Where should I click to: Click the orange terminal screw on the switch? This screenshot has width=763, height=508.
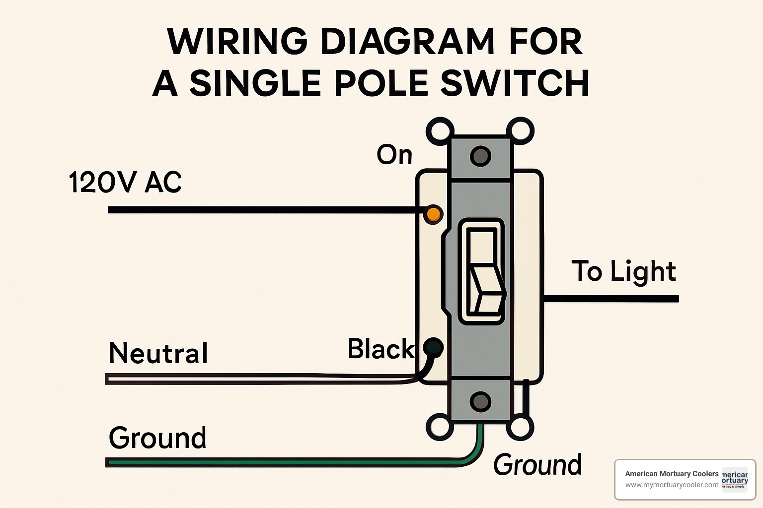[x=433, y=214]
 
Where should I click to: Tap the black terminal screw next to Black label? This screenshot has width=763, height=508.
[x=433, y=347]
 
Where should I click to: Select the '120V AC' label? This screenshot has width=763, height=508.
[x=125, y=183]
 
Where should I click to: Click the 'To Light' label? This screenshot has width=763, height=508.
[x=623, y=271]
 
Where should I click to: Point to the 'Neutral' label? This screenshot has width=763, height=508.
[x=158, y=353]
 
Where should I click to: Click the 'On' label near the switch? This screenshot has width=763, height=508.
[x=394, y=155]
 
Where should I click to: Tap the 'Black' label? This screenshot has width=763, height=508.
[x=380, y=349]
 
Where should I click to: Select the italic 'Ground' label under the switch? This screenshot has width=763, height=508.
[x=537, y=465]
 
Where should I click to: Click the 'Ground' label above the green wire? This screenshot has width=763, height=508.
[x=157, y=438]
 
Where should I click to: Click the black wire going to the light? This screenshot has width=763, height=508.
[x=611, y=299]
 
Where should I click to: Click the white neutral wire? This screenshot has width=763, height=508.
[x=248, y=379]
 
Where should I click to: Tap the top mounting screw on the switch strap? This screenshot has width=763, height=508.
[x=480, y=156]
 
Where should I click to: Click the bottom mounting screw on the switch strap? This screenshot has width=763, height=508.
[x=480, y=401]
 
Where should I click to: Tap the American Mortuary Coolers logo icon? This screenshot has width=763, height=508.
[x=734, y=478]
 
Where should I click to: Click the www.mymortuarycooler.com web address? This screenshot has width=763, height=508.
[x=672, y=485]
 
